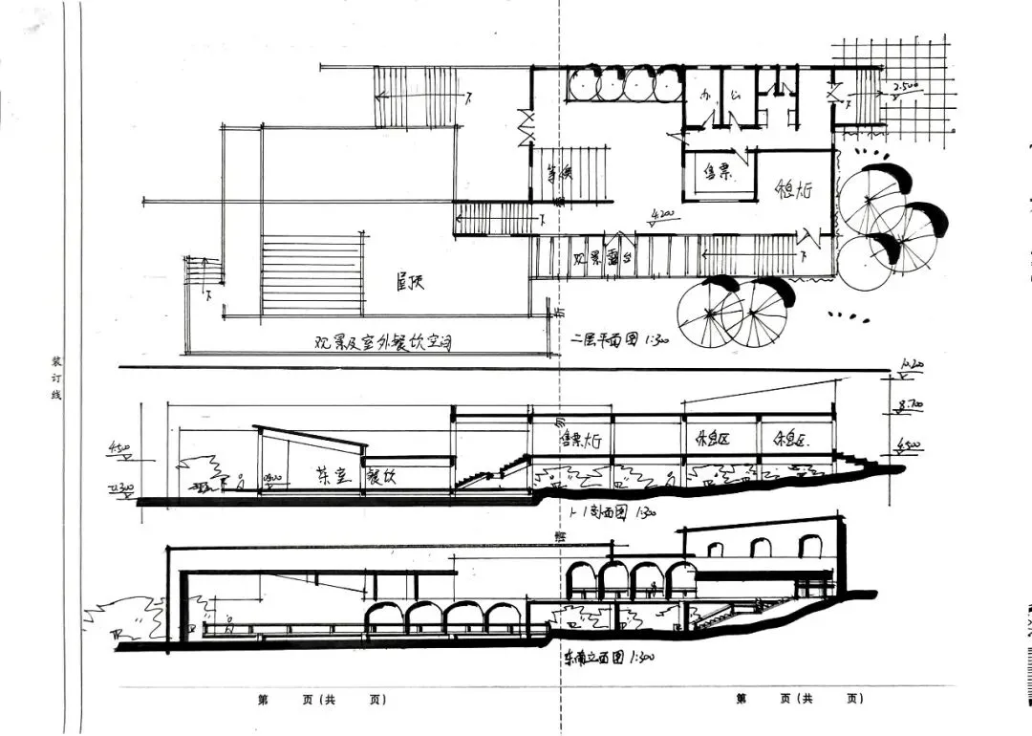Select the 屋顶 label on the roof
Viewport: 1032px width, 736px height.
(410, 282)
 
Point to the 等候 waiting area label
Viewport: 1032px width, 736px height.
(558, 174)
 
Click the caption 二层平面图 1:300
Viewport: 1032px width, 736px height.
(619, 339)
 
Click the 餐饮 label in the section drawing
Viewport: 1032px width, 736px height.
(379, 477)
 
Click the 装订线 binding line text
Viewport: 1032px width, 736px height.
(54, 378)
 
